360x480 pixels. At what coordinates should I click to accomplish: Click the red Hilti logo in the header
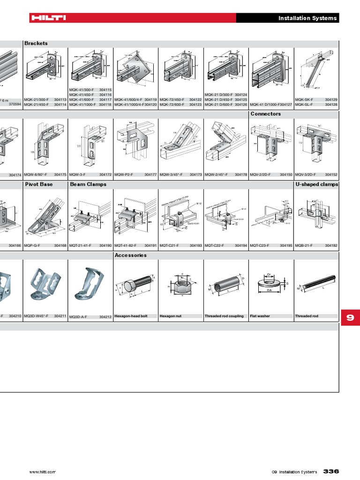[x=48, y=18]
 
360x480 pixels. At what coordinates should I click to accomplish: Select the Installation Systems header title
[x=307, y=18]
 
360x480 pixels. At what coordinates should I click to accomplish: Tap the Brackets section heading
[x=36, y=43]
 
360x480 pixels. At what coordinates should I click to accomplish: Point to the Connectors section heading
[x=266, y=114]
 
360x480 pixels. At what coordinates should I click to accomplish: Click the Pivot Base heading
[x=39, y=184]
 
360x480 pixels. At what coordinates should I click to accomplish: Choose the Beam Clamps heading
[x=88, y=184]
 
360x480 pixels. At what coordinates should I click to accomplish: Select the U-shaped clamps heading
[x=317, y=184]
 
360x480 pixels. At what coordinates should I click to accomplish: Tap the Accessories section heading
[x=131, y=255]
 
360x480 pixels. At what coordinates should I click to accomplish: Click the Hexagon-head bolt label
[x=131, y=316]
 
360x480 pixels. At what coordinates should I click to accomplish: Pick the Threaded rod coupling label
[x=224, y=316]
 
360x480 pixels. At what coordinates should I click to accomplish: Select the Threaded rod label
[x=307, y=316]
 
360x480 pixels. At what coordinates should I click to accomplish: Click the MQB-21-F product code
[x=304, y=245]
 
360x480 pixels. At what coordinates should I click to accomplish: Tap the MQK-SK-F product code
[x=304, y=100]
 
